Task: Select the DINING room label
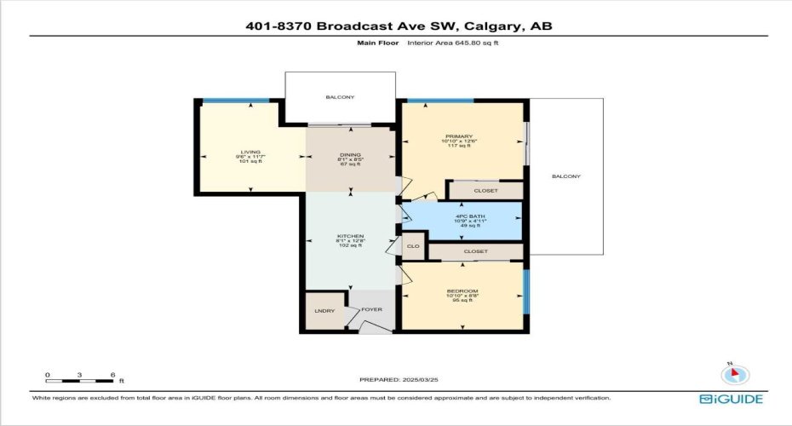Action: coord(350,153)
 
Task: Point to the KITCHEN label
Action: coord(350,236)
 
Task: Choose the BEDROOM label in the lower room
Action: coord(462,291)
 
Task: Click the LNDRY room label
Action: coord(324,310)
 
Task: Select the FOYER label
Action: coord(371,310)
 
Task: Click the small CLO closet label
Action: coord(413,246)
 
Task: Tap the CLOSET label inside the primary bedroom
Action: coord(485,191)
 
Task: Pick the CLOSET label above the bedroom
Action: coord(475,252)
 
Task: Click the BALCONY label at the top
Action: coord(340,97)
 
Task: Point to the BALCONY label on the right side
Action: coord(565,176)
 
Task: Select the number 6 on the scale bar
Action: coord(112,375)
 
